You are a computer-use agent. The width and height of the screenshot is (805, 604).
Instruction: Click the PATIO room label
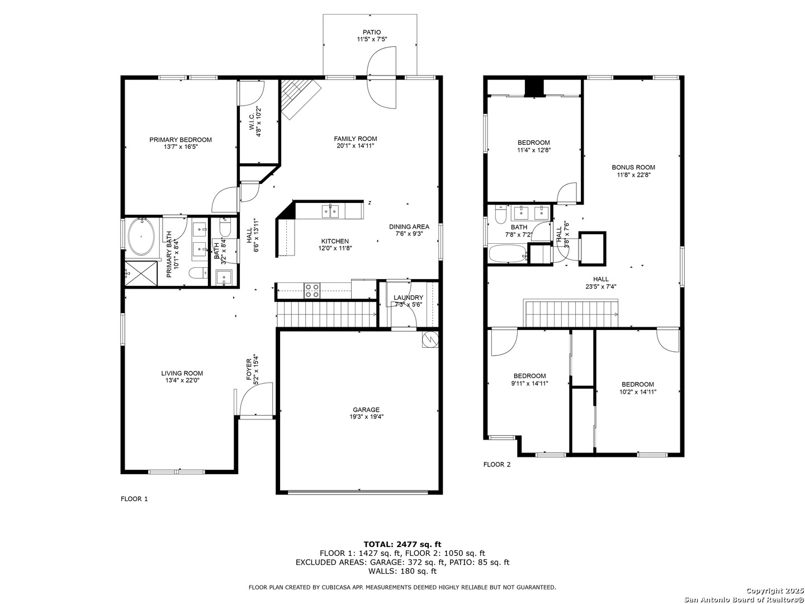click(x=372, y=32)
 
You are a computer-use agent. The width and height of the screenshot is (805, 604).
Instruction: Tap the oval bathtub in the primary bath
click(x=142, y=237)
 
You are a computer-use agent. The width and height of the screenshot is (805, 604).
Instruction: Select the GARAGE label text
click(x=366, y=409)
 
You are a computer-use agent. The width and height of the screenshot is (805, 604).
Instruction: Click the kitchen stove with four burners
click(x=312, y=291)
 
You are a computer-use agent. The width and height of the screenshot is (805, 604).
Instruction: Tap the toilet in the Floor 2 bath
click(x=500, y=215)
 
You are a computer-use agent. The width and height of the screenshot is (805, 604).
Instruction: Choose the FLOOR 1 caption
click(x=134, y=499)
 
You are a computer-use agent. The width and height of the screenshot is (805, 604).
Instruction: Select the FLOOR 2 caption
click(x=496, y=464)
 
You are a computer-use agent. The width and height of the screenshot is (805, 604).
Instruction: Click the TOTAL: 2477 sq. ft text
click(x=402, y=544)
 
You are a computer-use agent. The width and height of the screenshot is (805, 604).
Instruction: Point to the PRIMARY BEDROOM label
click(x=181, y=140)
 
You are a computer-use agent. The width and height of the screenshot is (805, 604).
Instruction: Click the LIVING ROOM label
click(x=182, y=374)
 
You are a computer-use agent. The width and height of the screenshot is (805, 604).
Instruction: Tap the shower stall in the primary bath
click(x=142, y=273)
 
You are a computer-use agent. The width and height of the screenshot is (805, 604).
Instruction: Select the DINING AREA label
click(x=409, y=226)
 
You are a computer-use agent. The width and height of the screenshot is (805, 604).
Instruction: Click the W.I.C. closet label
click(x=252, y=121)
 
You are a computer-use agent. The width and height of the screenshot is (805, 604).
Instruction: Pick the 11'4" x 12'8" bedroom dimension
click(x=534, y=150)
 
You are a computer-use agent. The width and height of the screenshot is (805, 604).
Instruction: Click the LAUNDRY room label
click(x=408, y=298)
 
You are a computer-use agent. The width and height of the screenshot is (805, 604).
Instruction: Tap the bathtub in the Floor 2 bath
click(x=508, y=254)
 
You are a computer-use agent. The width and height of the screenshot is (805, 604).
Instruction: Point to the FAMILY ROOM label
click(x=356, y=139)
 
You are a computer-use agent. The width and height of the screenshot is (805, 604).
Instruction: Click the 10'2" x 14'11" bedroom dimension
click(x=637, y=391)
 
